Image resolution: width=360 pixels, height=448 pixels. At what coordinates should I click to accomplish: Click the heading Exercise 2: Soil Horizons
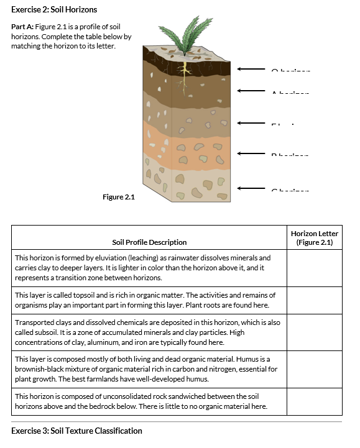(54, 10)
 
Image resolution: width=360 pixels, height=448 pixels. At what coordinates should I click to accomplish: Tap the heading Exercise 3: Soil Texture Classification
(76, 431)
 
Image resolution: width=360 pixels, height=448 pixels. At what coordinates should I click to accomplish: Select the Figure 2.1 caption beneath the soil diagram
(118, 197)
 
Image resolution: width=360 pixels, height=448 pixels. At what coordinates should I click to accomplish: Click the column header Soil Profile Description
(149, 242)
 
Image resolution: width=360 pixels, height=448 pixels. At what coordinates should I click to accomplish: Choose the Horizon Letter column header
(314, 237)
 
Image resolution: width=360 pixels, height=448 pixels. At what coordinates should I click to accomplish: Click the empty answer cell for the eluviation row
(314, 268)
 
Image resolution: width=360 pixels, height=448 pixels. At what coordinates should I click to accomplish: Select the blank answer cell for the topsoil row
(314, 301)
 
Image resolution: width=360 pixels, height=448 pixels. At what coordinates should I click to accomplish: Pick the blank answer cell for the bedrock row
(314, 401)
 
